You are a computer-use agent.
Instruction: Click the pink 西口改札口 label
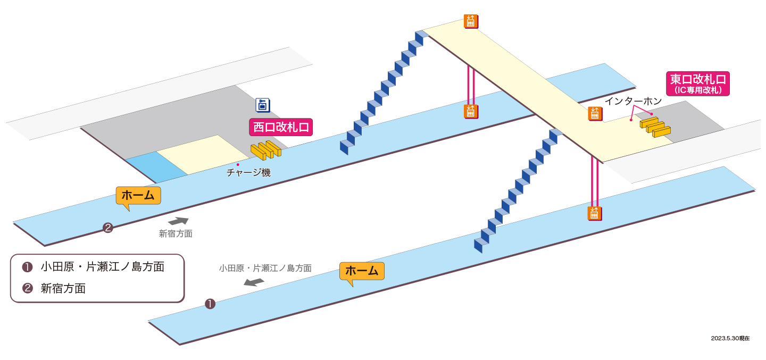(x=281, y=127)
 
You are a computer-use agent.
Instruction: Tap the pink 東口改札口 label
(x=697, y=83)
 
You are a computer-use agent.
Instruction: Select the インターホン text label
(x=634, y=101)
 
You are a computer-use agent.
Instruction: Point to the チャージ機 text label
(x=248, y=172)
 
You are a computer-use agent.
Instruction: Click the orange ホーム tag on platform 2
(x=138, y=196)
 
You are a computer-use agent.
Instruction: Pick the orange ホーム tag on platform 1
(x=362, y=271)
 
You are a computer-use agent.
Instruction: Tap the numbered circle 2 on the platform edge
(x=108, y=228)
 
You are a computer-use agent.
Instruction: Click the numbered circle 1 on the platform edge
(x=210, y=304)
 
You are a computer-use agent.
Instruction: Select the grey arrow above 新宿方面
(x=178, y=221)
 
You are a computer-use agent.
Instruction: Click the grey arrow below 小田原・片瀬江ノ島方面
(x=254, y=282)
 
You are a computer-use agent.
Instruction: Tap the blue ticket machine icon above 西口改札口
(x=263, y=105)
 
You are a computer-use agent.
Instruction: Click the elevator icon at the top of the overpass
(x=471, y=21)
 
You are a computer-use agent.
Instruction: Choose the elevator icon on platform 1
(x=594, y=214)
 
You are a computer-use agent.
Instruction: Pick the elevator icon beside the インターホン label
(x=595, y=113)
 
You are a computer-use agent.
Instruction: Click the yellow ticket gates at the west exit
(x=266, y=150)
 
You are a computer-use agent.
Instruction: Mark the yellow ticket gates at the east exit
(x=655, y=127)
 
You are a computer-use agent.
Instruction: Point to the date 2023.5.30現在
(x=730, y=338)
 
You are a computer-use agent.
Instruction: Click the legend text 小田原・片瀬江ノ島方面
(x=103, y=266)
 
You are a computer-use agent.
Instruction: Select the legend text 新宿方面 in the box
(x=63, y=288)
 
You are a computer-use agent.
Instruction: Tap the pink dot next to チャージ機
(x=238, y=164)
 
